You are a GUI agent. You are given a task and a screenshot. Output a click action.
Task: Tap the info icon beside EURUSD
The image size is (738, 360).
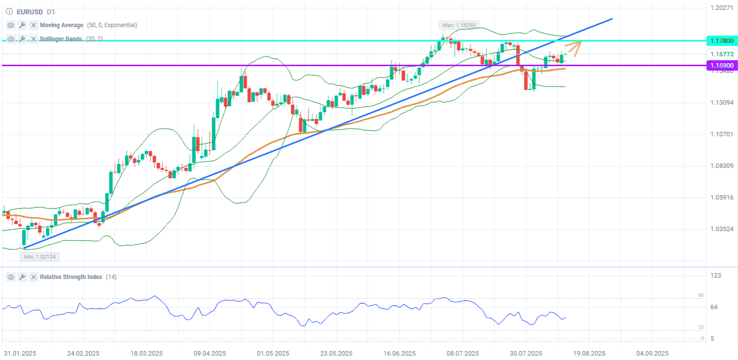coord(9,12)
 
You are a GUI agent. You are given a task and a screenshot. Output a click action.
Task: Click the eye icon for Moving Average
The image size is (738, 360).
coord(11,25)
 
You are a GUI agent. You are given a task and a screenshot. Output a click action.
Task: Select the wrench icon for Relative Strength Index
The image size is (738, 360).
coord(22,277)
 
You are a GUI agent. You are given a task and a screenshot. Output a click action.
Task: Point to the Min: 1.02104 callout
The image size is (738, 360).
coord(40,257)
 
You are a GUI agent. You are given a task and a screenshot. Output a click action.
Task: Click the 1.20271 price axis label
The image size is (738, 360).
coord(722,8)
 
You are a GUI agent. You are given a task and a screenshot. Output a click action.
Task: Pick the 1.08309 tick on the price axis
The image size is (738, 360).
coord(722,166)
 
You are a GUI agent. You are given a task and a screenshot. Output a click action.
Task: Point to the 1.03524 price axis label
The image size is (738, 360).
coord(722,229)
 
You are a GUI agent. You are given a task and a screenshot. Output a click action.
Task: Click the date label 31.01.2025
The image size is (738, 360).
coord(20,354)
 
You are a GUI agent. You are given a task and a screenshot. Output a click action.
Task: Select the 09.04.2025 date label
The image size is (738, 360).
coord(210,354)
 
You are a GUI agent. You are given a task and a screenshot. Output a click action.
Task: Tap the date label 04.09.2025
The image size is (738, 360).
coord(652,354)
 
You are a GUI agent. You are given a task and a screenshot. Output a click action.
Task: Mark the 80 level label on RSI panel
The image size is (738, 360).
coord(701,295)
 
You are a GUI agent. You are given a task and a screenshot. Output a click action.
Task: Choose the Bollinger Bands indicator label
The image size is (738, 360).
coord(61,39)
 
